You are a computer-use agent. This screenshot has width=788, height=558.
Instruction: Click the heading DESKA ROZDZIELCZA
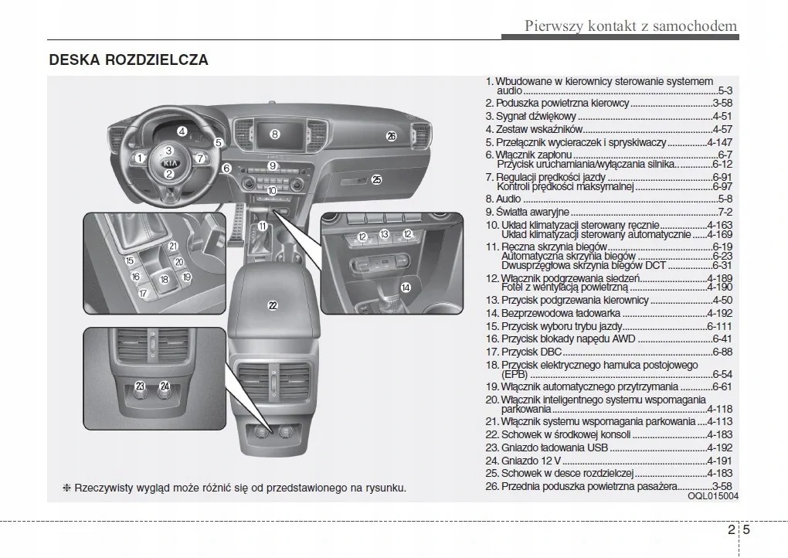pyautogui.click(x=128, y=60)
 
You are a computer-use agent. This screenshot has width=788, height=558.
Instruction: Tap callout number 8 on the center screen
pyautogui.click(x=275, y=134)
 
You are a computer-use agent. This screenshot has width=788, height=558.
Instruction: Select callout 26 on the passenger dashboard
pyautogui.click(x=391, y=136)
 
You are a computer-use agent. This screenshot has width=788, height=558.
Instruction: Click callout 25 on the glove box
pyautogui.click(x=376, y=180)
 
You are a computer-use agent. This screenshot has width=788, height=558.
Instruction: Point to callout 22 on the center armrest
pyautogui.click(x=273, y=305)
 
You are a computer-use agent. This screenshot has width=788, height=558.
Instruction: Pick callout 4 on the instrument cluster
pyautogui.click(x=182, y=131)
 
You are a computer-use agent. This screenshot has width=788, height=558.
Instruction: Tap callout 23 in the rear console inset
pyautogui.click(x=140, y=386)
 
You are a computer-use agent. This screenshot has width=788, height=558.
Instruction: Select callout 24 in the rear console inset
pyautogui.click(x=165, y=386)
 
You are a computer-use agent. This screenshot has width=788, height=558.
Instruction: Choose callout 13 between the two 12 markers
pyautogui.click(x=384, y=234)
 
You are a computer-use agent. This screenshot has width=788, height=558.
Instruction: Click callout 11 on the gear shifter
pyautogui.click(x=263, y=226)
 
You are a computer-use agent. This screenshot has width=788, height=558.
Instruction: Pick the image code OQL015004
pyautogui.click(x=713, y=496)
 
